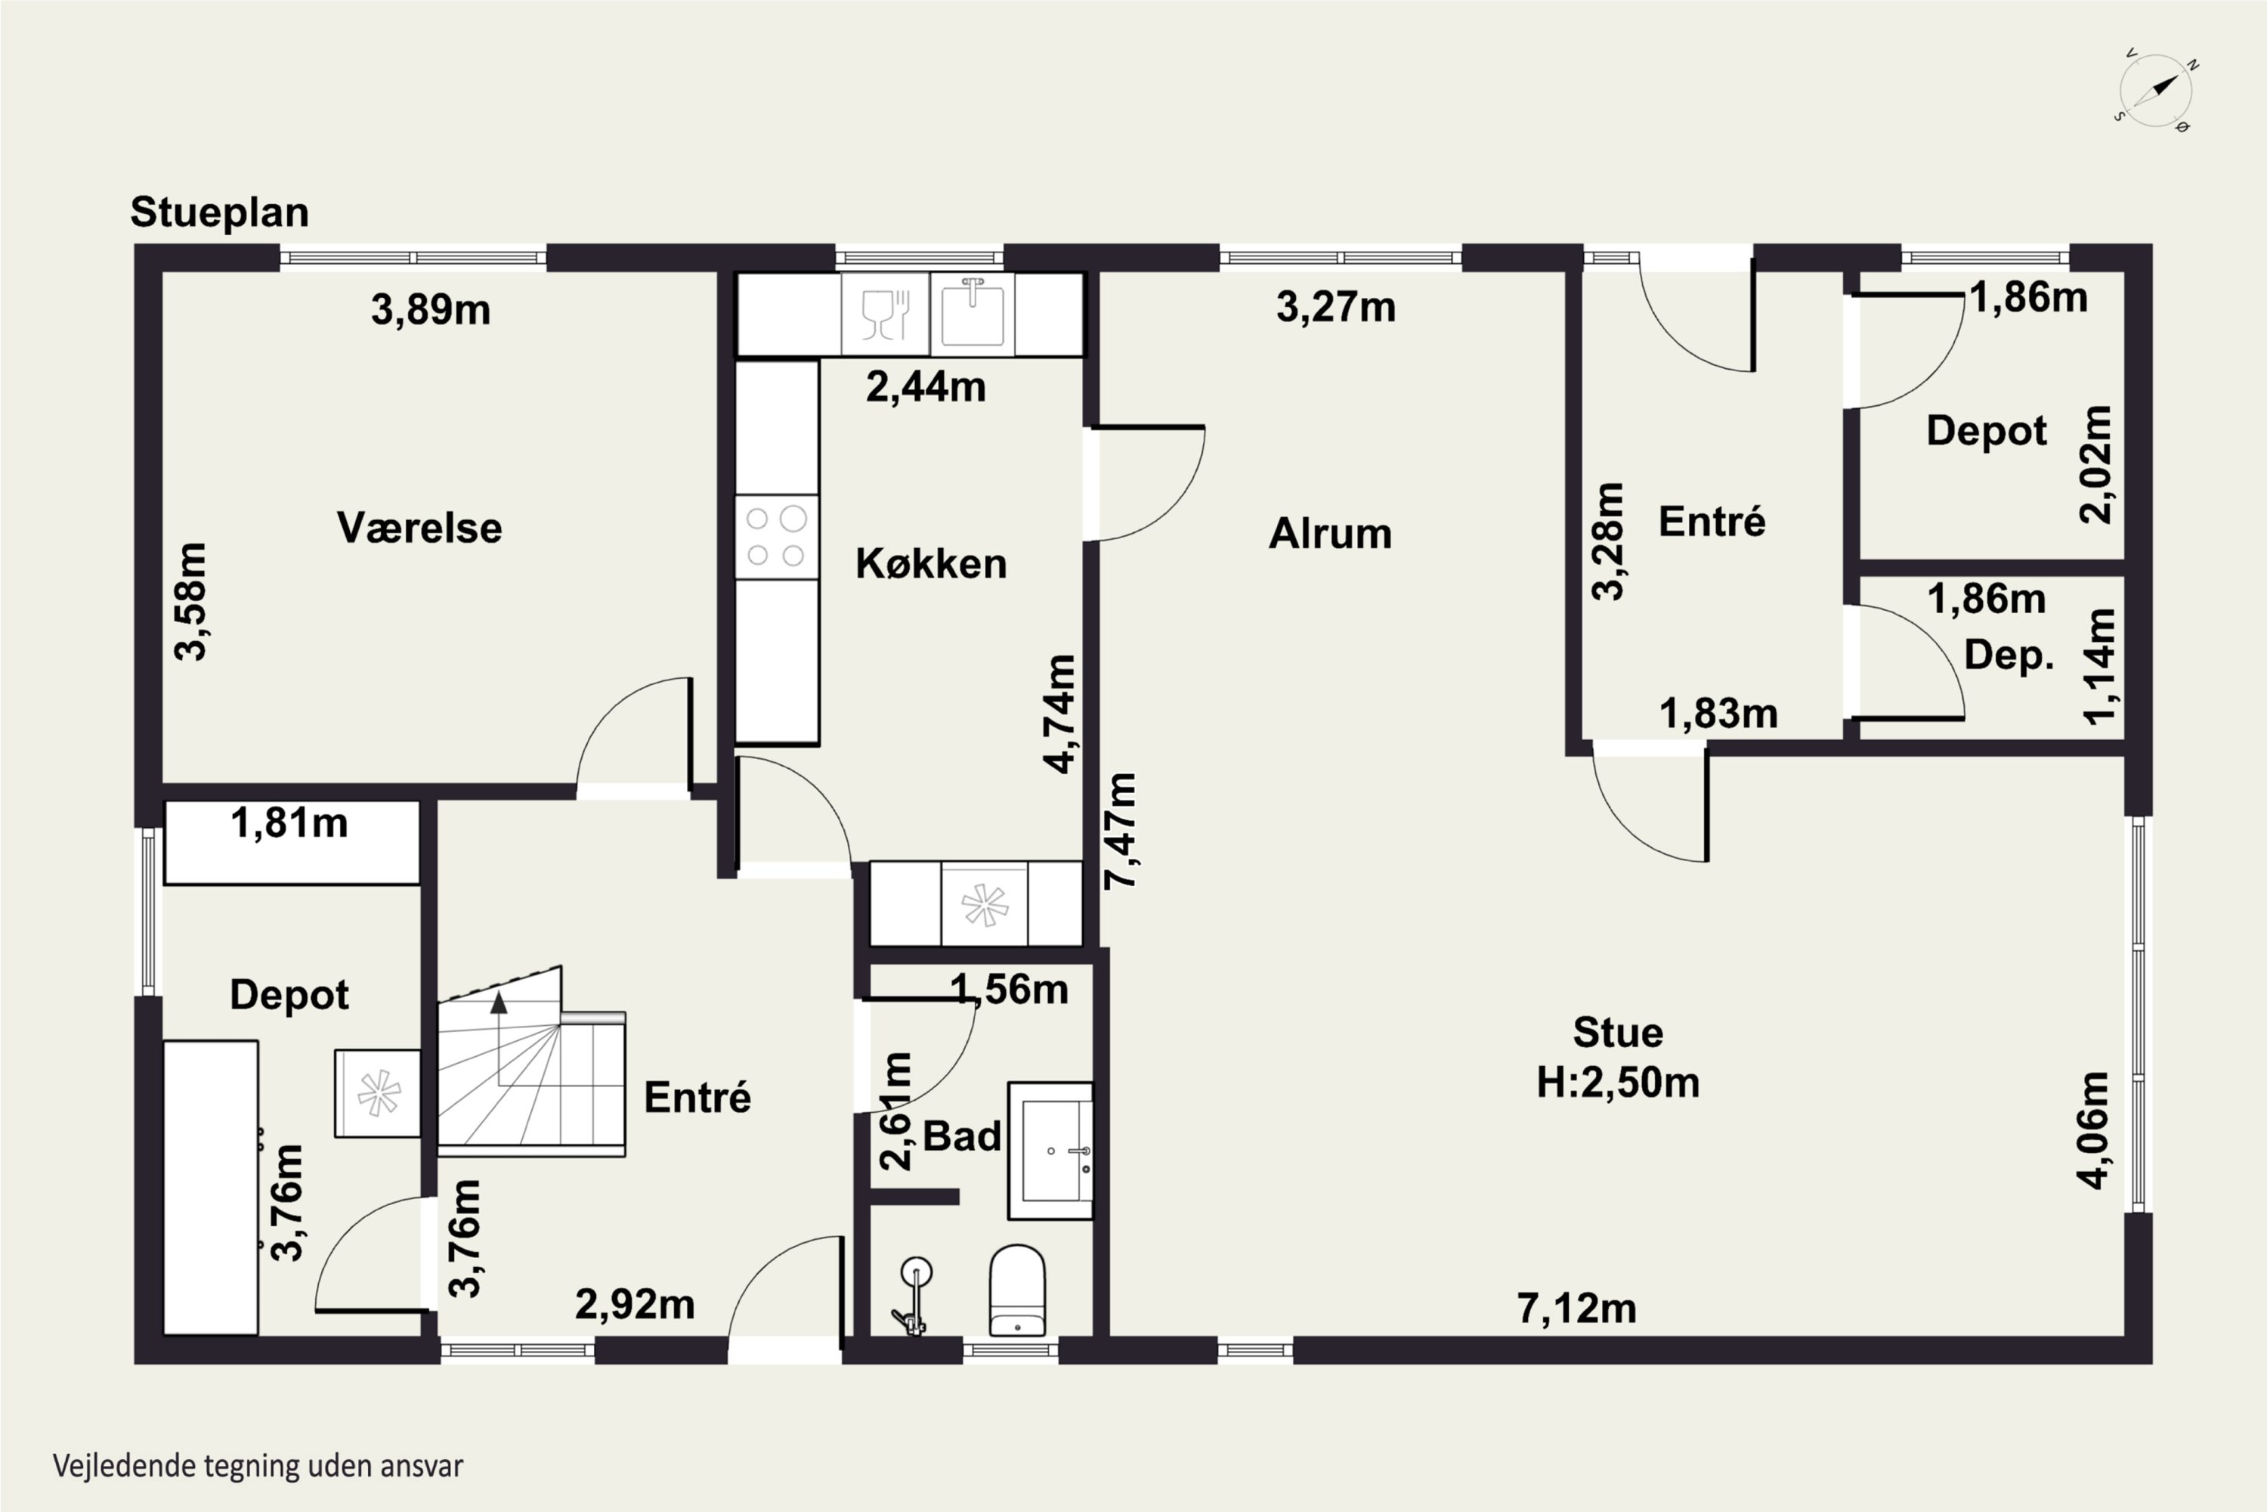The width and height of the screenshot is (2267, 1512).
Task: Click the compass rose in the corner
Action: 2156,91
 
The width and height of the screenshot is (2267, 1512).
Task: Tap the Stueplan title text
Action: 220,213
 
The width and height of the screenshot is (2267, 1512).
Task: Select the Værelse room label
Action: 419,528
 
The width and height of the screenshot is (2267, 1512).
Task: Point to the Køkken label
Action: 931,563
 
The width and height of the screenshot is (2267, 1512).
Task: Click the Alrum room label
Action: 1330,533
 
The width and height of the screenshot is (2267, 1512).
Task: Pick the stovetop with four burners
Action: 777,537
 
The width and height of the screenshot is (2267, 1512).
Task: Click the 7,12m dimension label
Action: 1577,1309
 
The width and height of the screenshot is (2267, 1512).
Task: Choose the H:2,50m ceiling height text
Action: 1619,1083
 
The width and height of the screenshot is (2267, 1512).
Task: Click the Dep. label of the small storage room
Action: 2009,655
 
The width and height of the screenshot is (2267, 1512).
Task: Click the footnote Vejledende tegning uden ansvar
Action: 258,1467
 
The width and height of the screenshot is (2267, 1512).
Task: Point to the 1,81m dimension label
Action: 289,823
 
